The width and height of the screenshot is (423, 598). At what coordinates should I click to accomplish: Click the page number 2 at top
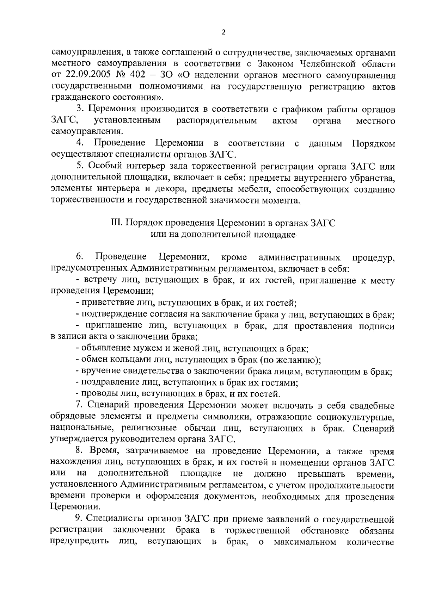(x=223, y=32)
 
